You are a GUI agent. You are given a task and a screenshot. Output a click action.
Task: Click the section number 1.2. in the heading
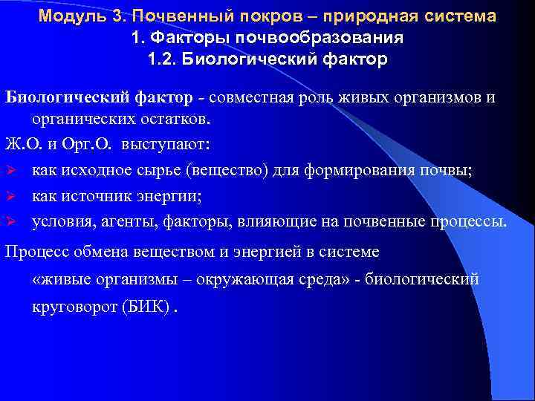165,59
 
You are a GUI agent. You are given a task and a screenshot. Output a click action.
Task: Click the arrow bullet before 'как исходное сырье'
10,170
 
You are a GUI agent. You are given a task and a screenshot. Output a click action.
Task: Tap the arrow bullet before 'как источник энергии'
10,196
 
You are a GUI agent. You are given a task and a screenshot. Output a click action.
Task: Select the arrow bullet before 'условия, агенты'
10,221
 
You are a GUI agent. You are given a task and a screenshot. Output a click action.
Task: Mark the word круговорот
70,307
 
